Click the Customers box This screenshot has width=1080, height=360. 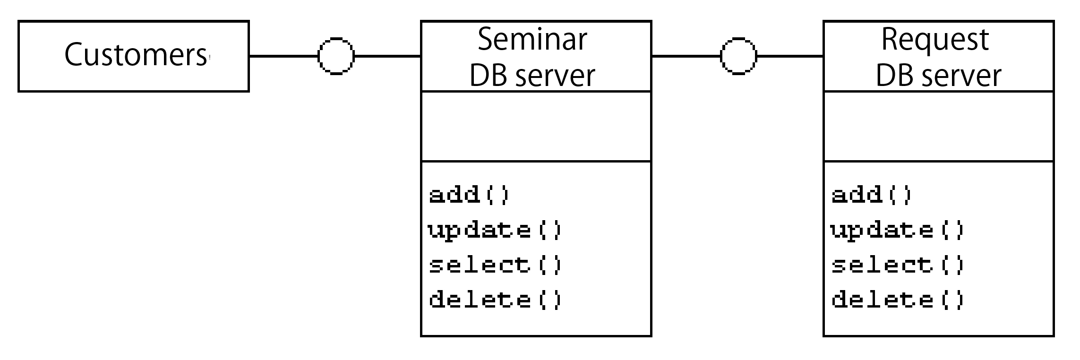coord(134,56)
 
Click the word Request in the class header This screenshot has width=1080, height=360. coord(935,39)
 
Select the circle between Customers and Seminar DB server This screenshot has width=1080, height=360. coord(336,56)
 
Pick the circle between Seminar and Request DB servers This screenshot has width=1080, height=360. coord(738,56)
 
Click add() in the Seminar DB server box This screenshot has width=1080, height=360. coord(469,194)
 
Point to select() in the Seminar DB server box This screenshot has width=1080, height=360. coord(496,265)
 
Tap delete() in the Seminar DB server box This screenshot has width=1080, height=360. coord(496,300)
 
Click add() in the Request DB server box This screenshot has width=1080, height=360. coord(872,194)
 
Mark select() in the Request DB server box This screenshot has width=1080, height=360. coord(898,265)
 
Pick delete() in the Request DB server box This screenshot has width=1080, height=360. coord(898,300)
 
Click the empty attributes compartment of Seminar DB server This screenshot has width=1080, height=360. coord(536,127)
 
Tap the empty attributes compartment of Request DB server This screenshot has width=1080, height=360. coord(939,127)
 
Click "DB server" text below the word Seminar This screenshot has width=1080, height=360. coord(532,76)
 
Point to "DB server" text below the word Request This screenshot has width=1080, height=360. coord(938,76)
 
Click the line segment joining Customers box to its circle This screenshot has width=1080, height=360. coord(284,56)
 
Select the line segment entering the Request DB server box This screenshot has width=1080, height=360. coord(790,56)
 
